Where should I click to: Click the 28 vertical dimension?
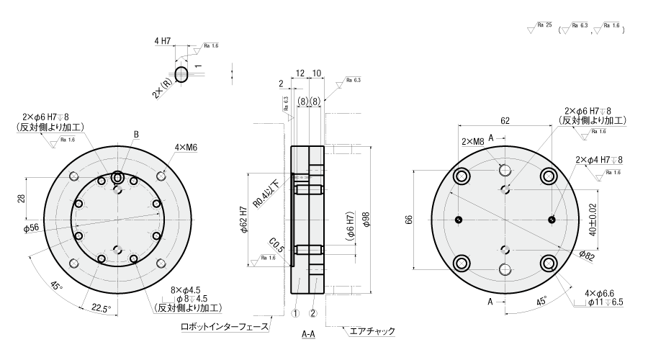pos(22,199)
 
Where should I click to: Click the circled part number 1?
pos(294,312)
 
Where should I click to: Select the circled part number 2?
pos(313,312)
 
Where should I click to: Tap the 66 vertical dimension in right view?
pos(408,220)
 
